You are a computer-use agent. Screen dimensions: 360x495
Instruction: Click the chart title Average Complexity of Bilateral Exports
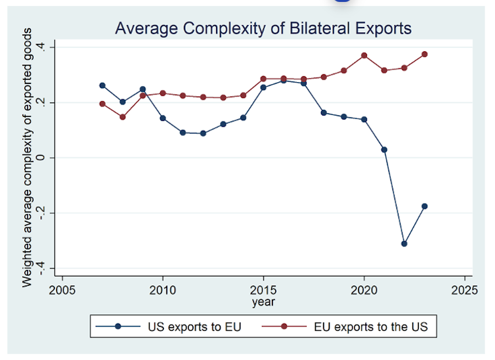[263, 28]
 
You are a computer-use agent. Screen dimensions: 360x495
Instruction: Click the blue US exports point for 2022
[404, 244]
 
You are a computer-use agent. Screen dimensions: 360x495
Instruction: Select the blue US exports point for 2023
[425, 206]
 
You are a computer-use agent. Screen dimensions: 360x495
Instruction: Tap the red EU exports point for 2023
[425, 54]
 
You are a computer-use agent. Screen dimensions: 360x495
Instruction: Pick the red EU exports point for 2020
[364, 55]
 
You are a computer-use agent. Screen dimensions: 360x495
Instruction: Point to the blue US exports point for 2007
[102, 85]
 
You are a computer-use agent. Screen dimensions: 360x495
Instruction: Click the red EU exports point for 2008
[123, 117]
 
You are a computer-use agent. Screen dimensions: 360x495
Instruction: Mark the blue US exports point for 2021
[384, 150]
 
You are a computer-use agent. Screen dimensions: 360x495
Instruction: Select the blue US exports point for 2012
[203, 133]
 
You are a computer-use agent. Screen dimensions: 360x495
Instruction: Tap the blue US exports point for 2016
[284, 80]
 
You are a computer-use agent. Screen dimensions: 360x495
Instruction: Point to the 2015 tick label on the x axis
[263, 290]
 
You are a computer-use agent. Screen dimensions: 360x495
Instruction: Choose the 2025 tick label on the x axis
[464, 290]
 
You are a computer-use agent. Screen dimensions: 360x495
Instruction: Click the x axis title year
[263, 302]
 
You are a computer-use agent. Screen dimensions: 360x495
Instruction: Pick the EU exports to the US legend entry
[351, 326]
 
